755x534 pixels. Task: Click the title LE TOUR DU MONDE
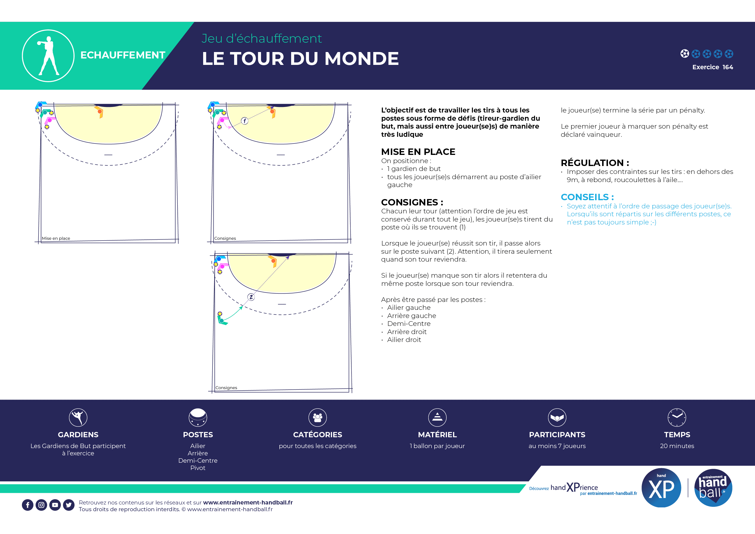click(x=300, y=59)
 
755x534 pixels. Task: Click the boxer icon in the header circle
click(x=48, y=56)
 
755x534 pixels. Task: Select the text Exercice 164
click(x=712, y=67)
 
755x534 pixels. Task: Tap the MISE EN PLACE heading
click(x=418, y=152)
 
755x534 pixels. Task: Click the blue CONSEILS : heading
click(x=587, y=197)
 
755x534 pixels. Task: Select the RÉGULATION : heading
click(x=595, y=163)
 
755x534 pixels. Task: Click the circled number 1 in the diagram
click(x=245, y=121)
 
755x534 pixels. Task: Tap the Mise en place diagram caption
click(x=56, y=239)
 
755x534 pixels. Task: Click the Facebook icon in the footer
click(x=27, y=505)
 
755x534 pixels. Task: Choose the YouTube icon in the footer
click(x=55, y=505)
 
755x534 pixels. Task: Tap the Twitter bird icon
click(x=69, y=505)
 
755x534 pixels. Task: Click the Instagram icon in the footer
click(x=41, y=505)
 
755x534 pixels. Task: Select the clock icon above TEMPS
click(x=677, y=417)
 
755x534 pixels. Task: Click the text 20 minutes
click(x=677, y=446)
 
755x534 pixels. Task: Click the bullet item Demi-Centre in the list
click(x=409, y=324)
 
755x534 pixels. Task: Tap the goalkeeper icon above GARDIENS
click(x=78, y=417)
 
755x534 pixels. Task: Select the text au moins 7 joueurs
click(x=557, y=446)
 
